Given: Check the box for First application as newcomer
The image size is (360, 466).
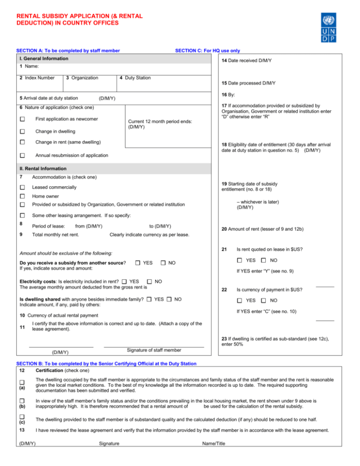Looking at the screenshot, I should click(22, 120).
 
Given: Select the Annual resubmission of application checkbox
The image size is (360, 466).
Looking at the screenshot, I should click(22, 155).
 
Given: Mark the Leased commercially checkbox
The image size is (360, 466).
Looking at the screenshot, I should click(22, 188).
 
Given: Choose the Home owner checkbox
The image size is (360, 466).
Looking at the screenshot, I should click(22, 196).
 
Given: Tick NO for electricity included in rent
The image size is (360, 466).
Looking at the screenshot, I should click(150, 281).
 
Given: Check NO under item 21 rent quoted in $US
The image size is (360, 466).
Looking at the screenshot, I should click(264, 260).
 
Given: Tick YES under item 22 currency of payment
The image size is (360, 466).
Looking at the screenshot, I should click(240, 301).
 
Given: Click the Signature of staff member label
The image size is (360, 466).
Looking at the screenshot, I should click(154, 350).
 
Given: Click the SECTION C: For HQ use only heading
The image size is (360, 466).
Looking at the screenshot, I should click(207, 50).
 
